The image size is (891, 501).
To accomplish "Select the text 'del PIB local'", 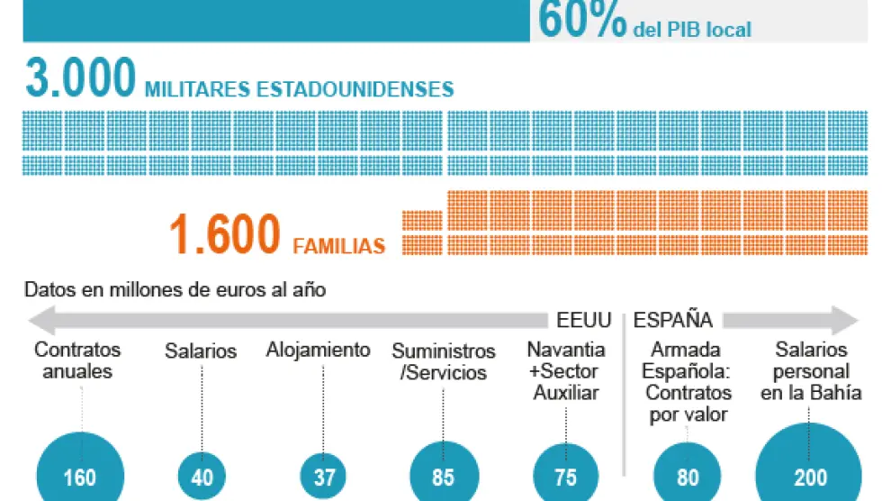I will pos(692,30).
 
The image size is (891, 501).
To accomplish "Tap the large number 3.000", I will pos(80,78).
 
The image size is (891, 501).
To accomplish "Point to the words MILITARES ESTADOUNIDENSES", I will pos(299,89).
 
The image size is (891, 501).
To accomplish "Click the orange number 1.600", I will pos(224,235).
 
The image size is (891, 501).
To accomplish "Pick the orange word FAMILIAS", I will pos(339,245).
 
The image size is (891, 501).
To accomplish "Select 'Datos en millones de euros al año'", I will pos(175,290).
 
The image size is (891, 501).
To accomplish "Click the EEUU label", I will pos(583,320).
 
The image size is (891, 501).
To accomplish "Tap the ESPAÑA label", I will pos(673,320).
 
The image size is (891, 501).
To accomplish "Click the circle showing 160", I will pos(79,475).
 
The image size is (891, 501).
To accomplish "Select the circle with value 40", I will pos(202,476).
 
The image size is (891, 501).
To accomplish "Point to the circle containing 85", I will pos(443,475).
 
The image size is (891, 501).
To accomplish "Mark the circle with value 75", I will pos(565,475).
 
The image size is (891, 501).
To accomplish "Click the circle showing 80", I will pos(687,475).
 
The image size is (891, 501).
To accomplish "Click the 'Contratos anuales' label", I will pos(77,360).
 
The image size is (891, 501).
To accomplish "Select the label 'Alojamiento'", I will pos(318,350).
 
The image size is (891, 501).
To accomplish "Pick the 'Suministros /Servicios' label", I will pos(444,360).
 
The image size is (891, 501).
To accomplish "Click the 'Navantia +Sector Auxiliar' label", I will pos(565,370).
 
